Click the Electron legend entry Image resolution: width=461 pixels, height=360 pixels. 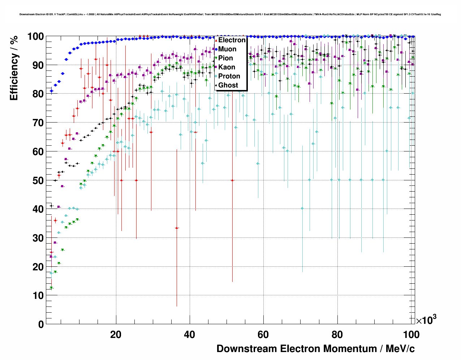[232, 40]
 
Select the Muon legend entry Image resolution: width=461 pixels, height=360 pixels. [227, 49]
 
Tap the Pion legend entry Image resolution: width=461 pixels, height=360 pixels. [225, 58]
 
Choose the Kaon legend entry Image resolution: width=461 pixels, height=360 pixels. [227, 67]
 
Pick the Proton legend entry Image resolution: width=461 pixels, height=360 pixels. [229, 76]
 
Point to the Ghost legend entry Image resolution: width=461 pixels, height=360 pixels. [228, 85]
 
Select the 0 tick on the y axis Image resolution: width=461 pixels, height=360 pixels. [41, 324]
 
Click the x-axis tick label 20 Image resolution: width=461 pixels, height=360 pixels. [116, 335]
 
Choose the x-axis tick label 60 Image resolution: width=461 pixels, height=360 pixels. [263, 335]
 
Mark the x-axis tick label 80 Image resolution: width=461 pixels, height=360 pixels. [337, 335]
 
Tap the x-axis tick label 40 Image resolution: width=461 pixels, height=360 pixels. [189, 335]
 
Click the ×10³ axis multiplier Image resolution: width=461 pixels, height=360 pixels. [426, 320]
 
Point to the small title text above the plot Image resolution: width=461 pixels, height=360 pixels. [230, 14]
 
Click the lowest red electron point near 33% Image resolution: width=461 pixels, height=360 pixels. [177, 228]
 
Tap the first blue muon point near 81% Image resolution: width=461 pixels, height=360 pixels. [51, 91]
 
